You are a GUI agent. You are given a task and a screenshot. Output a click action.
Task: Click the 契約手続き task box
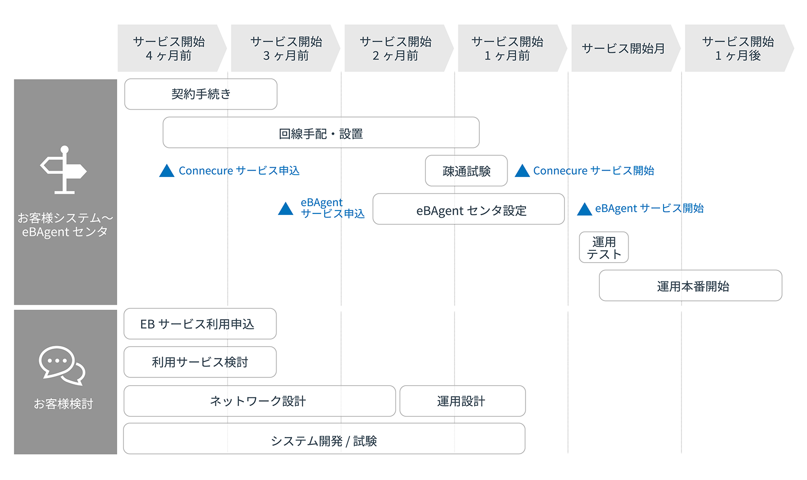(x=201, y=94)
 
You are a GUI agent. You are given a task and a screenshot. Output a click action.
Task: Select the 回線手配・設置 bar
(x=321, y=133)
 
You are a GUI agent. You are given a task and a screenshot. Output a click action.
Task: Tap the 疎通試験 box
(x=466, y=171)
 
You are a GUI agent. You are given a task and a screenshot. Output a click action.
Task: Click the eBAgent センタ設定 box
(x=469, y=209)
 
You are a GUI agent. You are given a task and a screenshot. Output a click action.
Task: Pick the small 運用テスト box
(x=604, y=248)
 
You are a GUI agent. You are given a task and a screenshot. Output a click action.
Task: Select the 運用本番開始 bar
(x=690, y=286)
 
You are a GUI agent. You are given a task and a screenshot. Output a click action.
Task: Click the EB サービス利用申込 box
(x=200, y=324)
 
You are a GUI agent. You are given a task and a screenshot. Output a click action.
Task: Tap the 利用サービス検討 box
(x=200, y=362)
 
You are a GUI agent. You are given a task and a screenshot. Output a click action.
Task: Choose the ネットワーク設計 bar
(x=260, y=401)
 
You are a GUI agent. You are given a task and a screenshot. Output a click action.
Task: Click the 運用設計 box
(x=462, y=401)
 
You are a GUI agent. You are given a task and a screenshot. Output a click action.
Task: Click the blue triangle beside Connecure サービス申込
(x=167, y=171)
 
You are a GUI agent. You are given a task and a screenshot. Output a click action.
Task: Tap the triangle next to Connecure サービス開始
(x=522, y=171)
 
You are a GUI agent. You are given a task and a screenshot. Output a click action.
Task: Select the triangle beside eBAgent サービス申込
(x=286, y=209)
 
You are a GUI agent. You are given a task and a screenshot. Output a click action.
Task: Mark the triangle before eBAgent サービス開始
(x=584, y=210)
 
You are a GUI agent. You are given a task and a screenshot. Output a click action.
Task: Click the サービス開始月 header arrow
(x=624, y=49)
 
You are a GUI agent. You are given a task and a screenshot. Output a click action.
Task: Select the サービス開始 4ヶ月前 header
(x=170, y=49)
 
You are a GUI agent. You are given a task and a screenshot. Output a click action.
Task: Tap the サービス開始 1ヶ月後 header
(x=737, y=49)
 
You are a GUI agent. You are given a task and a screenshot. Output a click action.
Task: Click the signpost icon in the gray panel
(x=64, y=170)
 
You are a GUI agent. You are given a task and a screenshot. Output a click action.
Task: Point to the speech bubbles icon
(x=62, y=365)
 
